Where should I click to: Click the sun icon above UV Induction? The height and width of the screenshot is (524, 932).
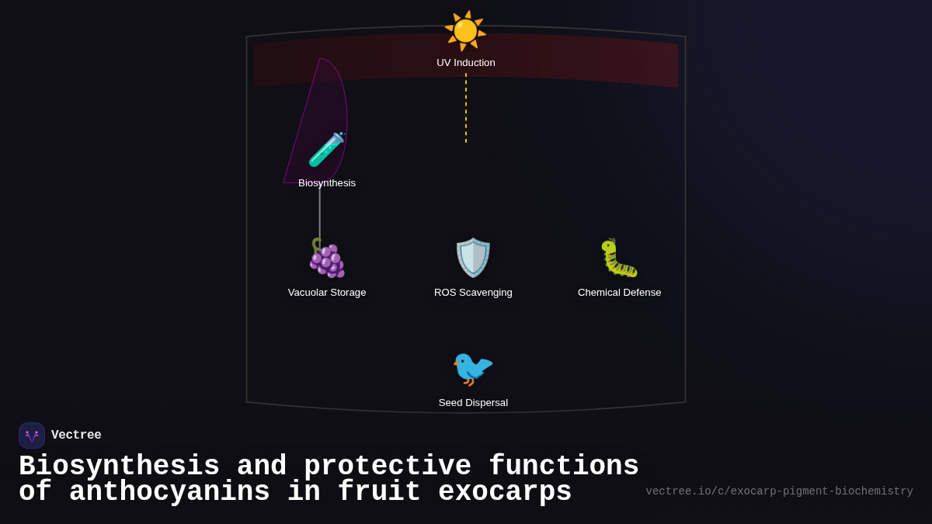[465, 31]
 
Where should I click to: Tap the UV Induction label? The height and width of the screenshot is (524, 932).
[466, 63]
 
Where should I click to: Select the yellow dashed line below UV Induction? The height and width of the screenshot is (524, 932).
[466, 108]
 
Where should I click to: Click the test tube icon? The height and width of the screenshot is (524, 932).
[326, 149]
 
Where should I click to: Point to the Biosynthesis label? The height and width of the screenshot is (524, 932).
[327, 183]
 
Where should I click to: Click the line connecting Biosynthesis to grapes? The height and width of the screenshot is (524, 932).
[320, 213]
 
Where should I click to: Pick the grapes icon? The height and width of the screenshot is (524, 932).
[327, 258]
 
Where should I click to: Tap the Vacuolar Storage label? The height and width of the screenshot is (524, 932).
[327, 293]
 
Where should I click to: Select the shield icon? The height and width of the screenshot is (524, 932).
[473, 258]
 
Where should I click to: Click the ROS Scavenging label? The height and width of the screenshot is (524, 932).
[473, 293]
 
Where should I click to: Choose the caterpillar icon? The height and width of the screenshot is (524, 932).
[619, 258]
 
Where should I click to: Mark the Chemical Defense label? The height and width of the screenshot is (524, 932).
[619, 293]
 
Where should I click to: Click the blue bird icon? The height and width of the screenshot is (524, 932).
[473, 368]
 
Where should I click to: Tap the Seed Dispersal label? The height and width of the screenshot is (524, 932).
[473, 403]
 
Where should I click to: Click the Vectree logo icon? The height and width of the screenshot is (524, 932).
[32, 436]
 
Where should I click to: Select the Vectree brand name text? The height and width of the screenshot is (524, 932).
[76, 436]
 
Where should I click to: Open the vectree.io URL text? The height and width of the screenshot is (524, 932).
[779, 491]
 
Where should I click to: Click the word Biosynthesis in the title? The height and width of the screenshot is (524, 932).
[119, 467]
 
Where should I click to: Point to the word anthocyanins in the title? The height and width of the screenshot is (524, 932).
[169, 492]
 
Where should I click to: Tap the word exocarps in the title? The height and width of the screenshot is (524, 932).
[505, 492]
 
